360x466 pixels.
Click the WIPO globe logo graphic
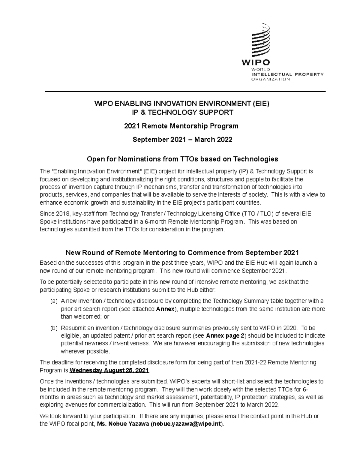pyautogui.click(x=260, y=41)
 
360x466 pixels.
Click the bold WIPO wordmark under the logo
pyautogui.click(x=256, y=63)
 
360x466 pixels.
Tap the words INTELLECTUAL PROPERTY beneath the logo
pyautogui.click(x=287, y=74)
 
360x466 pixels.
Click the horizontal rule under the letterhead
pyautogui.click(x=185, y=91)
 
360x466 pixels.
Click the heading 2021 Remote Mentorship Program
pyautogui.click(x=181, y=126)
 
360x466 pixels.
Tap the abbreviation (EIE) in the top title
pyautogui.click(x=260, y=104)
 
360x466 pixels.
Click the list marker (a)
pyautogui.click(x=54, y=301)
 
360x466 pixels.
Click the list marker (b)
pyautogui.click(x=54, y=328)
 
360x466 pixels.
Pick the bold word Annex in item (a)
pyautogui.click(x=165, y=309)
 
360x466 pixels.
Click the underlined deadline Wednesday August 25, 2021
pyautogui.click(x=109, y=370)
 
